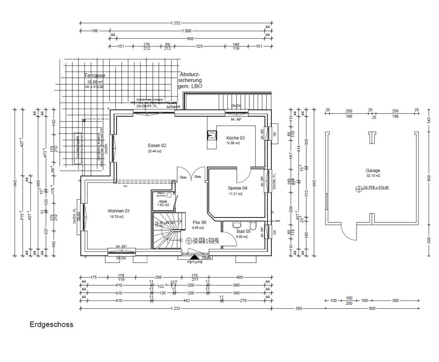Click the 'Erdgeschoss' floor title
pyautogui.click(x=51, y=325)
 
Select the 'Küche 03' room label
pyautogui.click(x=235, y=138)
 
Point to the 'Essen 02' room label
pyautogui.click(x=157, y=145)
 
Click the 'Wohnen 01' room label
pyautogui.click(x=118, y=211)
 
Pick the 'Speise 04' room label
pyautogui.click(x=238, y=188)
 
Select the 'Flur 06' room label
pyautogui.click(x=199, y=223)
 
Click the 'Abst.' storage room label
pyautogui.click(x=163, y=201)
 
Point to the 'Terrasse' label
pyautogui.click(x=94, y=75)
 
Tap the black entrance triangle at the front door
pyautogui.click(x=194, y=256)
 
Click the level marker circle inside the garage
pyautogui.click(x=358, y=188)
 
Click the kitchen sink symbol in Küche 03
pyautogui.click(x=211, y=136)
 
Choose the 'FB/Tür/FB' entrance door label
pyautogui.click(x=195, y=262)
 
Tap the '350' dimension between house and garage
pyautogui.click(x=298, y=308)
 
